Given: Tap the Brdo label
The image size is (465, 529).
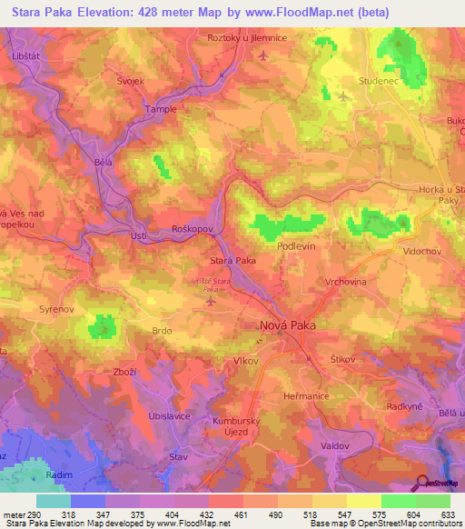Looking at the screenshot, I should point(162,332).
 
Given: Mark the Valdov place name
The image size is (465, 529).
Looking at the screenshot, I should point(335,445).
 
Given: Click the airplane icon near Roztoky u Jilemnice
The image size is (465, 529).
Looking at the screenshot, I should point(263,56).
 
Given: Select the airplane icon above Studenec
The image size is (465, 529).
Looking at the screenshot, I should point(342,95).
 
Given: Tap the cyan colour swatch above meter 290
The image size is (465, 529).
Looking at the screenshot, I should point(54,501).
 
